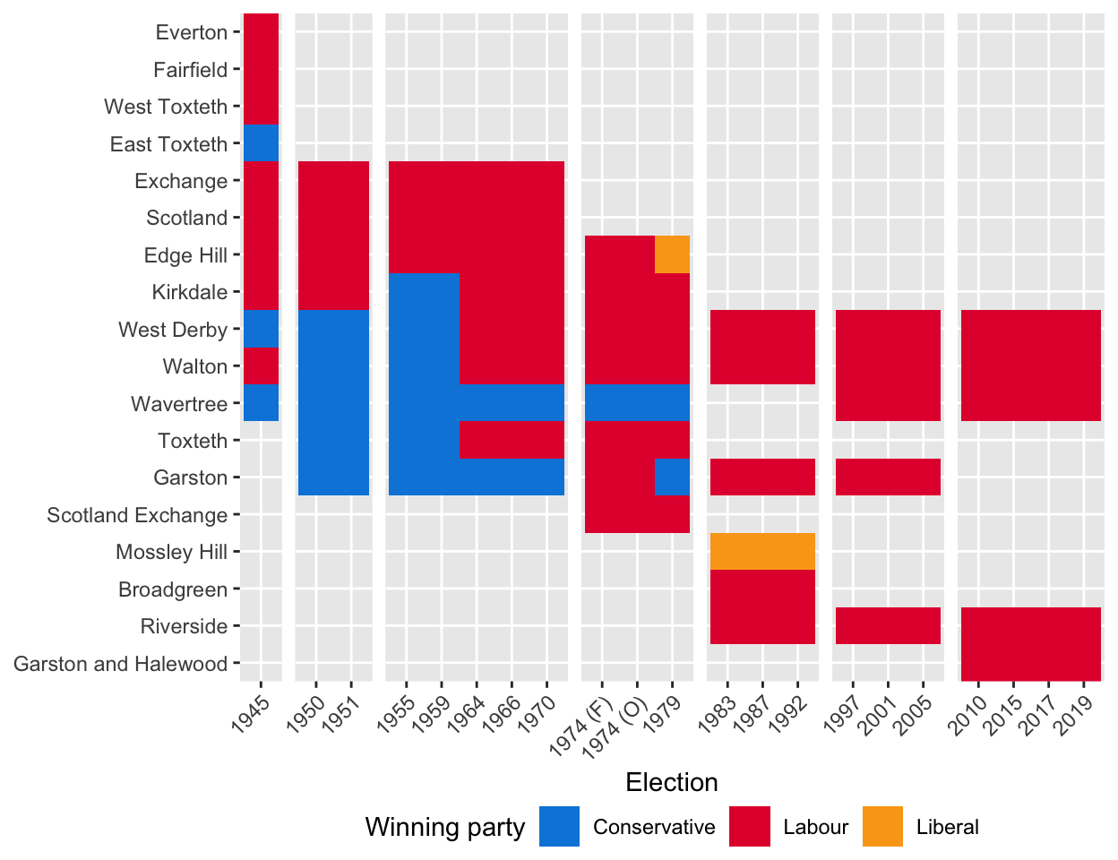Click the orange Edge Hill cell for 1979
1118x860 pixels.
pos(673,254)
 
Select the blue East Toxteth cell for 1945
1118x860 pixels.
pos(261,143)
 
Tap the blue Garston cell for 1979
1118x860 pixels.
pos(673,477)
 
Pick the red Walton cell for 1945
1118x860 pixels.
pos(261,366)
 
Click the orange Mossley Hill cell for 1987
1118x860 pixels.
pos(763,552)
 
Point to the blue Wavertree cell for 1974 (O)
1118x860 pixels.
pos(638,403)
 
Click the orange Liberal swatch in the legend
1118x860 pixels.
pos(882,827)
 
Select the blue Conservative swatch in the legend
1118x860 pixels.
pos(559,827)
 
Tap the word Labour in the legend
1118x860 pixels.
pos(815,827)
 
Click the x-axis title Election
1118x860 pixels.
pos(672,782)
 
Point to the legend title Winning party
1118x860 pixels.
pos(444,827)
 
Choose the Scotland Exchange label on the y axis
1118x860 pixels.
pos(137,515)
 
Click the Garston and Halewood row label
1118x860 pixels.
pos(121,664)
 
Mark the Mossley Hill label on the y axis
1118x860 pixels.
pos(171,552)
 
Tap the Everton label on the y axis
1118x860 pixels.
pos(191,32)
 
